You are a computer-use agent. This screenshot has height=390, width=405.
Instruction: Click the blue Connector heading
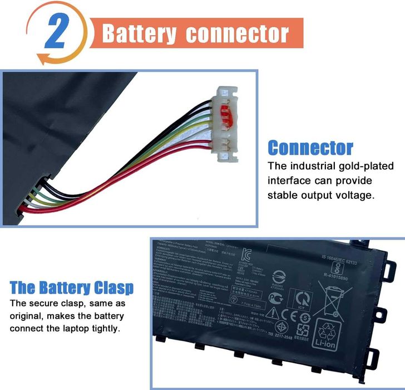pyautogui.click(x=310, y=148)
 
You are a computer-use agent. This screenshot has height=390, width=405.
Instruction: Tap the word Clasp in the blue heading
pyautogui.click(x=113, y=288)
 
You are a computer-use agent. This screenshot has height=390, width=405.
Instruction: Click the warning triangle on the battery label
pyautogui.click(x=271, y=313)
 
